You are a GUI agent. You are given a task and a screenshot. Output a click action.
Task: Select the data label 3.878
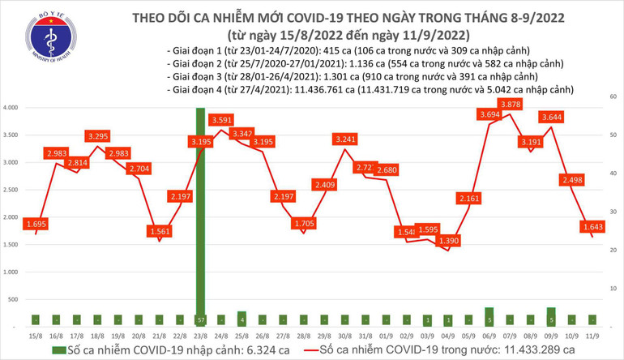pyautogui.click(x=511, y=105)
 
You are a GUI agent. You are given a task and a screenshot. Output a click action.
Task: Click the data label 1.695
pyautogui.click(x=35, y=223)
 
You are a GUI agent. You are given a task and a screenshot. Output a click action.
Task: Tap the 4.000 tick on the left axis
pyautogui.click(x=11, y=108)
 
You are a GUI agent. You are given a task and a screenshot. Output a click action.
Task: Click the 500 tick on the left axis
pyautogui.click(x=14, y=299)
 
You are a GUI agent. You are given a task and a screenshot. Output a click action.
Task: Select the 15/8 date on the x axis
pyautogui.click(x=35, y=336)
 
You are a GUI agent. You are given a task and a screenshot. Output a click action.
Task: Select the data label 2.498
pyautogui.click(x=575, y=180)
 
